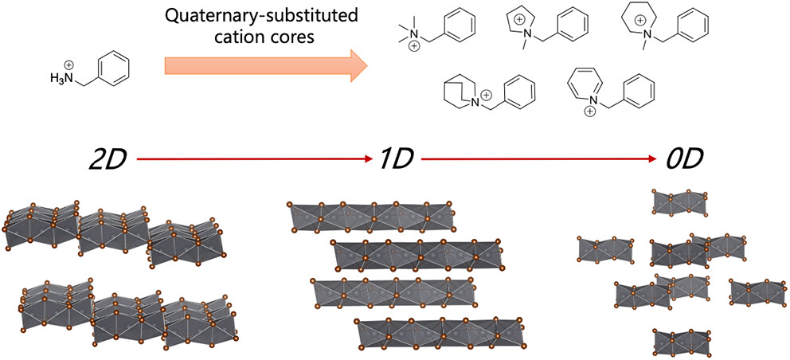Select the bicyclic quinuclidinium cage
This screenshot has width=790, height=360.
click(461, 93)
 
